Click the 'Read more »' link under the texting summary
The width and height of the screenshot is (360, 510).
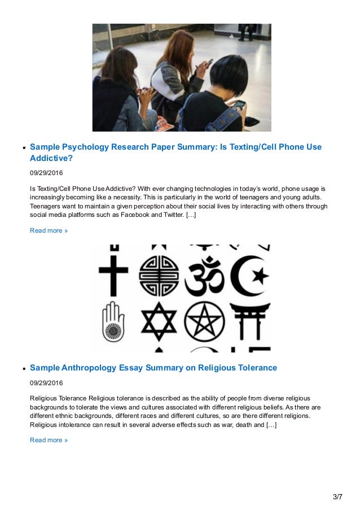pyautogui.click(x=49, y=230)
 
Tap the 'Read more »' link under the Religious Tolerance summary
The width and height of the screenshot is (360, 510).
pyautogui.click(x=49, y=440)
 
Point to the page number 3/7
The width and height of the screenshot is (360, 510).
pyautogui.click(x=337, y=497)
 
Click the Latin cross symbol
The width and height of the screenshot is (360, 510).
pyautogui.click(x=113, y=270)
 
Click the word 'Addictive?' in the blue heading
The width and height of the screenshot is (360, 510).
pyautogui.click(x=51, y=159)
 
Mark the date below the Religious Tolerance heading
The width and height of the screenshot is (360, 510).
pyautogui.click(x=46, y=383)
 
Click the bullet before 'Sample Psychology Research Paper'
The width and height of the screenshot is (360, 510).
pyautogui.click(x=24, y=148)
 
